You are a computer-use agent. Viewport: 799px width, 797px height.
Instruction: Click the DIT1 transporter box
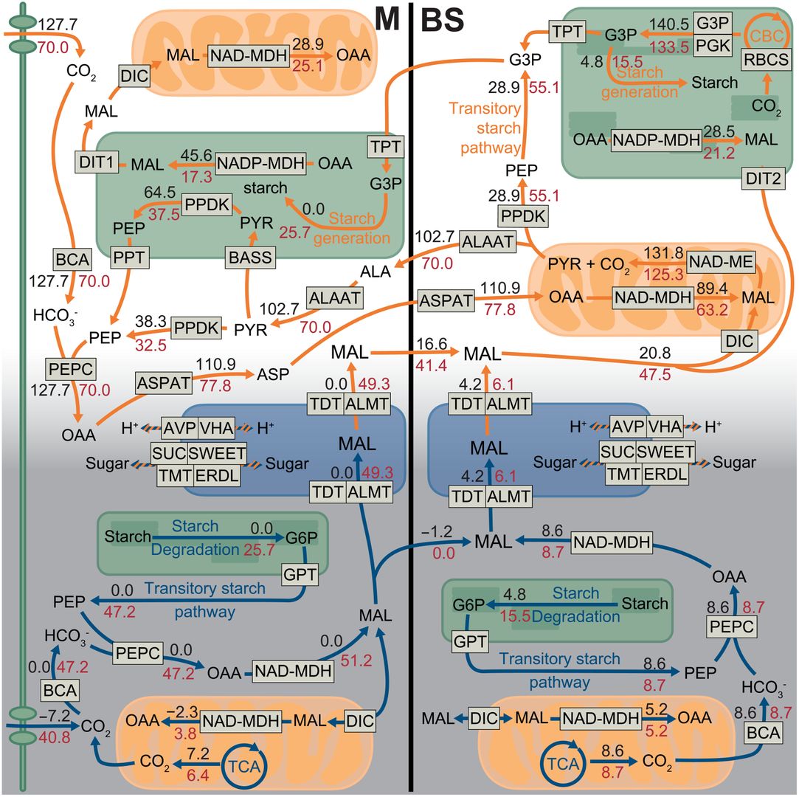pyautogui.click(x=97, y=162)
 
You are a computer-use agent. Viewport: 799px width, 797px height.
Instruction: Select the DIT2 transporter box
pyautogui.click(x=763, y=179)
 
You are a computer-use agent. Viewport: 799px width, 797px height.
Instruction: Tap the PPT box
pyautogui.click(x=129, y=258)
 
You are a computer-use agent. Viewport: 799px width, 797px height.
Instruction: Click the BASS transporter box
pyautogui.click(x=250, y=258)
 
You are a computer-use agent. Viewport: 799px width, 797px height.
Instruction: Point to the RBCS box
pyautogui.click(x=766, y=60)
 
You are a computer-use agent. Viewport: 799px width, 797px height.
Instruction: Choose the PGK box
pyautogui.click(x=713, y=46)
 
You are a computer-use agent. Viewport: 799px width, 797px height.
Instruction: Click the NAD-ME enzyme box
pyautogui.click(x=721, y=262)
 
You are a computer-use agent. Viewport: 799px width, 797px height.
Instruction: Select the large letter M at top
pyautogui.click(x=387, y=19)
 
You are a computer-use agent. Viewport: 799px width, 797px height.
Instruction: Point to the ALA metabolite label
pyautogui.click(x=376, y=272)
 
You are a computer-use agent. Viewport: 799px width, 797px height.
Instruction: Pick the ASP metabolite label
pyautogui.click(x=273, y=375)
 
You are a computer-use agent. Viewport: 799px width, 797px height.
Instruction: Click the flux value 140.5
pyautogui.click(x=669, y=24)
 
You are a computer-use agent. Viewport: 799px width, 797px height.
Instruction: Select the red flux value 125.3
pyautogui.click(x=663, y=275)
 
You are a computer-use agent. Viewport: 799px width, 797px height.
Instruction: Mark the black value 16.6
pyautogui.click(x=432, y=344)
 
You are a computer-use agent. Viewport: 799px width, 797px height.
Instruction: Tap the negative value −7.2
pyautogui.click(x=55, y=716)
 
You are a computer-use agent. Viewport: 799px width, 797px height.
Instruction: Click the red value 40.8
pyautogui.click(x=54, y=737)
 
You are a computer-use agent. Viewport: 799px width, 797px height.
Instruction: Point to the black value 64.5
pyautogui.click(x=159, y=192)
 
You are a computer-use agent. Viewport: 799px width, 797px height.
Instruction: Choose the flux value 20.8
pyautogui.click(x=655, y=353)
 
